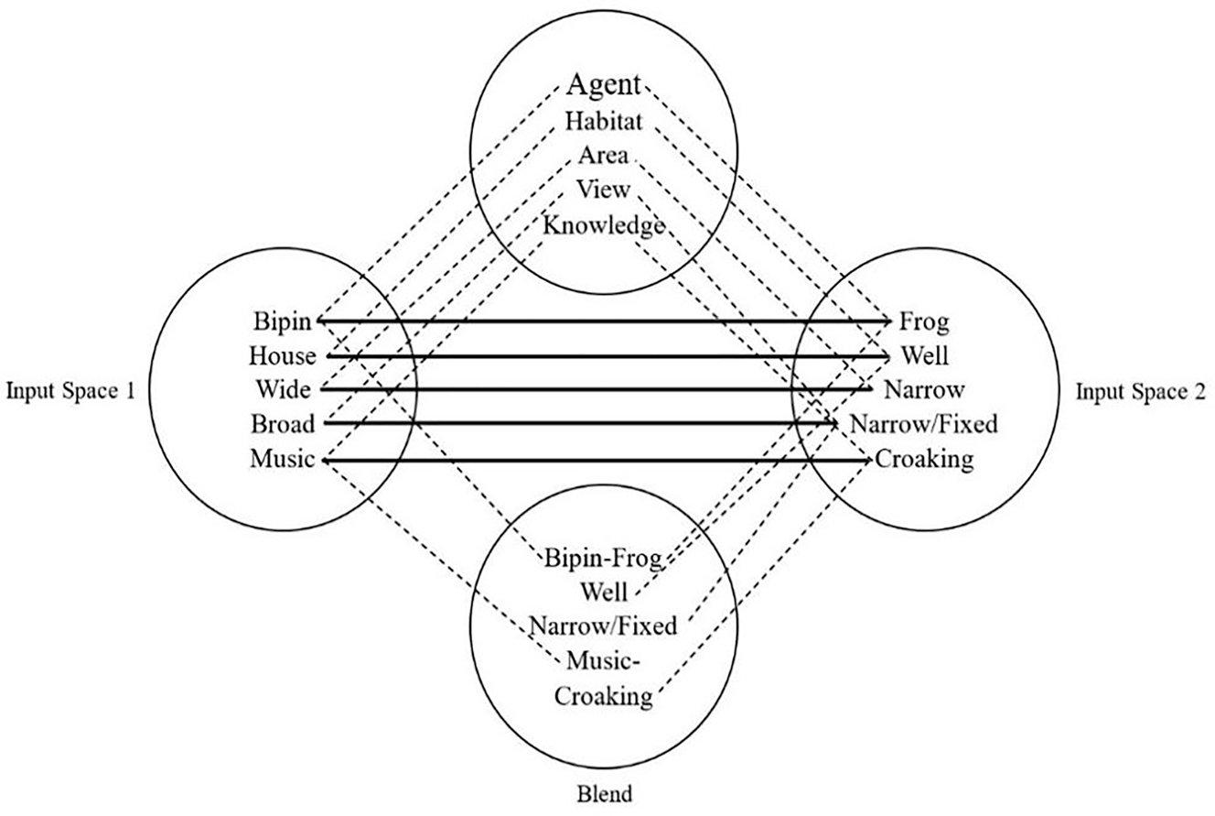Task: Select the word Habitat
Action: [604, 121]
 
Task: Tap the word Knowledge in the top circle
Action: [603, 225]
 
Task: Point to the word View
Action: [603, 190]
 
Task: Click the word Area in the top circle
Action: [603, 156]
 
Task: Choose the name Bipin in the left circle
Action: [284, 321]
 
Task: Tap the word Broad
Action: [283, 424]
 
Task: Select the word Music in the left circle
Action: [283, 460]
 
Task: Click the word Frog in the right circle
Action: [924, 321]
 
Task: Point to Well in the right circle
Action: [924, 355]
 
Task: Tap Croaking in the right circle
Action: [923, 460]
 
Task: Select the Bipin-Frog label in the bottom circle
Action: [602, 558]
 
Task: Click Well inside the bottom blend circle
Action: [603, 593]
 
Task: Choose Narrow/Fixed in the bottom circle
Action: [603, 627]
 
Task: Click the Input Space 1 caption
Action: [70, 391]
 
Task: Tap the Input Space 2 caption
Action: [1140, 391]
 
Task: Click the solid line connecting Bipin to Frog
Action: [604, 321]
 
